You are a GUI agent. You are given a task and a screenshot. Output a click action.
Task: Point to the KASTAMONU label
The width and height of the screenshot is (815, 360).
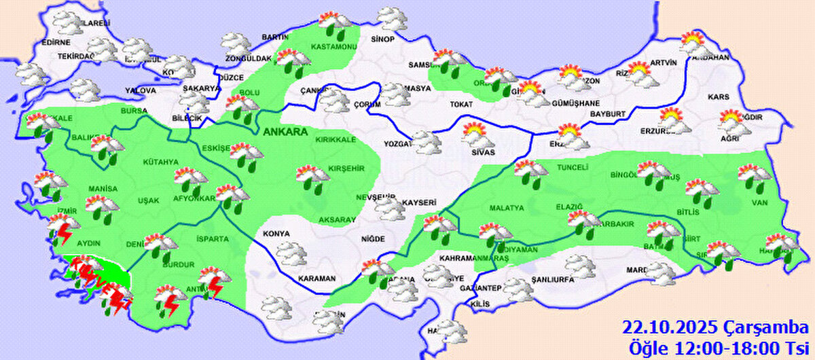pos(333,47)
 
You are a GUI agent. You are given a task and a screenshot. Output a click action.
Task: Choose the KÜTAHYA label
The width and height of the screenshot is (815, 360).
pos(160,162)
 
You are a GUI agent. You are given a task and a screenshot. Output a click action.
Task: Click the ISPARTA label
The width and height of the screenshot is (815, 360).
pos(213,239)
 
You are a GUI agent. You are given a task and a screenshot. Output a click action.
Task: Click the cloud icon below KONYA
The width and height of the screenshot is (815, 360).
pos(290,254)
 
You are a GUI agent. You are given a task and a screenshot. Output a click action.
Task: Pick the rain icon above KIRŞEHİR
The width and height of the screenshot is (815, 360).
pos(313,177)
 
